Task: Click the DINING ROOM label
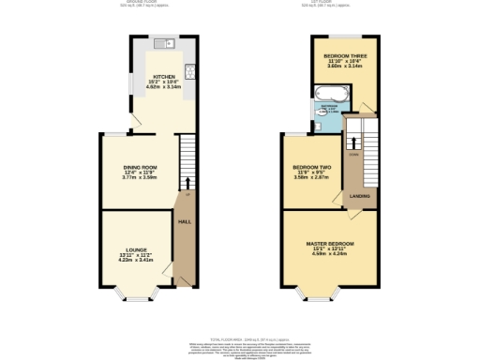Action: [x=140, y=167]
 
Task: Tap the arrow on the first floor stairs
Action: [x=352, y=142]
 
